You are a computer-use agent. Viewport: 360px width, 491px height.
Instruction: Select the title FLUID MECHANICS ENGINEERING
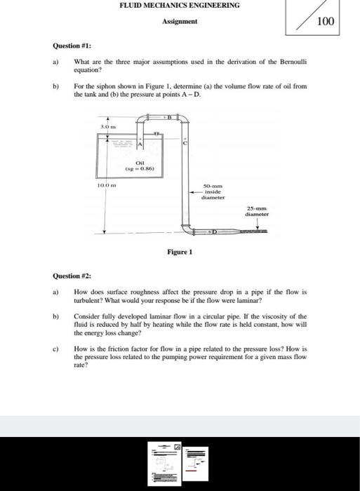point(179,6)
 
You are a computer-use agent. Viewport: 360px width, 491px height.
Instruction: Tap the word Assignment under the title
point(180,22)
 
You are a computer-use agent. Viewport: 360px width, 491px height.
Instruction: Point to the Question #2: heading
point(72,276)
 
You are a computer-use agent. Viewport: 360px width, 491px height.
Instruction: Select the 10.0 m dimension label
point(105,184)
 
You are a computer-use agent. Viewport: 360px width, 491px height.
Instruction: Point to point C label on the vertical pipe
point(186,143)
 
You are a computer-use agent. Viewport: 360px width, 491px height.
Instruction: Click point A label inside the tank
point(140,144)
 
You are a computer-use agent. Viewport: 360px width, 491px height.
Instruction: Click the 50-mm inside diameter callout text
point(212,192)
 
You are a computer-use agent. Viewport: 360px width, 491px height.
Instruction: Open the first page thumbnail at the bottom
point(166,463)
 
